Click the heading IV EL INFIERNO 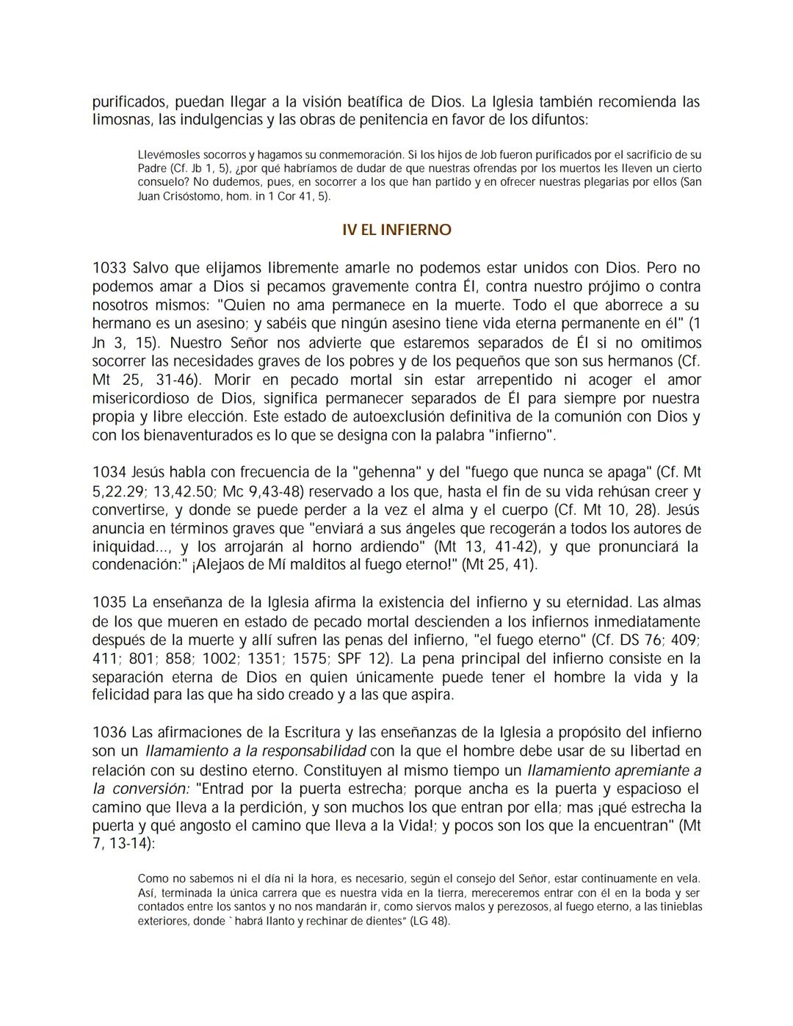[x=396, y=230]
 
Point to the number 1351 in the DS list [x=266, y=659]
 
